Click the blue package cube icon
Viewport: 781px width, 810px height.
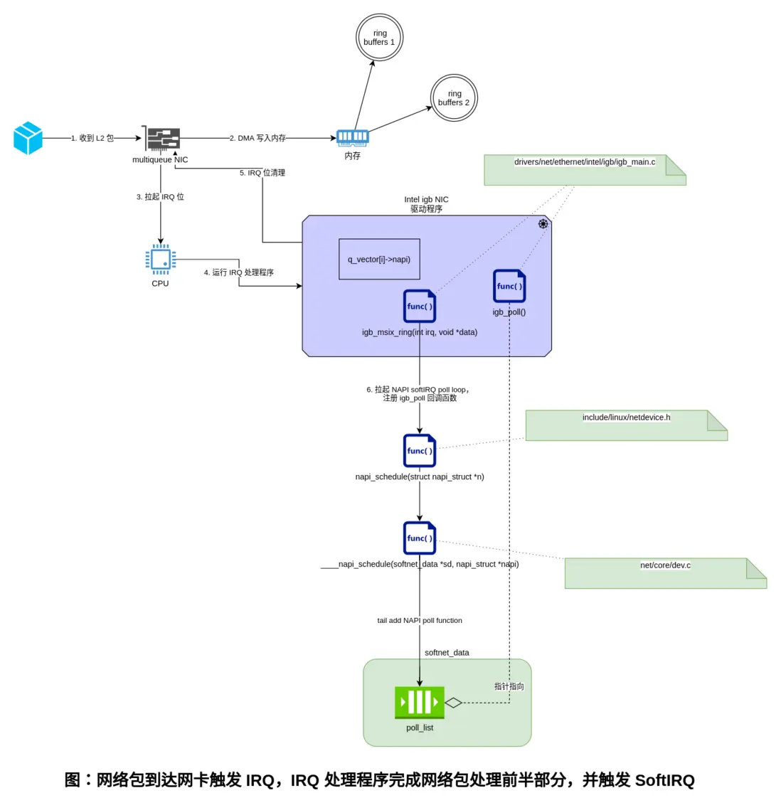click(28, 138)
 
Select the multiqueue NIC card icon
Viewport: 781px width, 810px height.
click(161, 138)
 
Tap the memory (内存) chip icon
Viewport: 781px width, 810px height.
click(352, 137)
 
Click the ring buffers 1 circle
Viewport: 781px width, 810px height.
click(379, 38)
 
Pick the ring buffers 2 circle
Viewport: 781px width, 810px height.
click(454, 98)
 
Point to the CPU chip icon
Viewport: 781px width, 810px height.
click(160, 260)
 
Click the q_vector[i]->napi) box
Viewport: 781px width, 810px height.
click(379, 259)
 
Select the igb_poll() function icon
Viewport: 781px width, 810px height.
click(509, 286)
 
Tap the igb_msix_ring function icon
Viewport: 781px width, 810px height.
click(419, 307)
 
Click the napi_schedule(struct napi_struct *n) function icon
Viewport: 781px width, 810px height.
click(419, 451)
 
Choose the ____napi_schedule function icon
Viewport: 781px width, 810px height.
click(419, 538)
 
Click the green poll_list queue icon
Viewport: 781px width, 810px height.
click(420, 703)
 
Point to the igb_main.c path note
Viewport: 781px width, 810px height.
click(585, 170)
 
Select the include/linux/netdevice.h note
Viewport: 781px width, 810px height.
click(626, 425)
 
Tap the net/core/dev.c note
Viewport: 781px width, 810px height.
click(665, 573)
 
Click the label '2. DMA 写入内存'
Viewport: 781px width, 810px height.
click(257, 138)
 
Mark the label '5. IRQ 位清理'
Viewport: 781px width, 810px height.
click(262, 173)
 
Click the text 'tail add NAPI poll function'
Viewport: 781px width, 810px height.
click(420, 620)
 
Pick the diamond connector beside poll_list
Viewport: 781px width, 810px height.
click(453, 703)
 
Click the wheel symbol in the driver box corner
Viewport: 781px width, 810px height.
click(543, 224)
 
